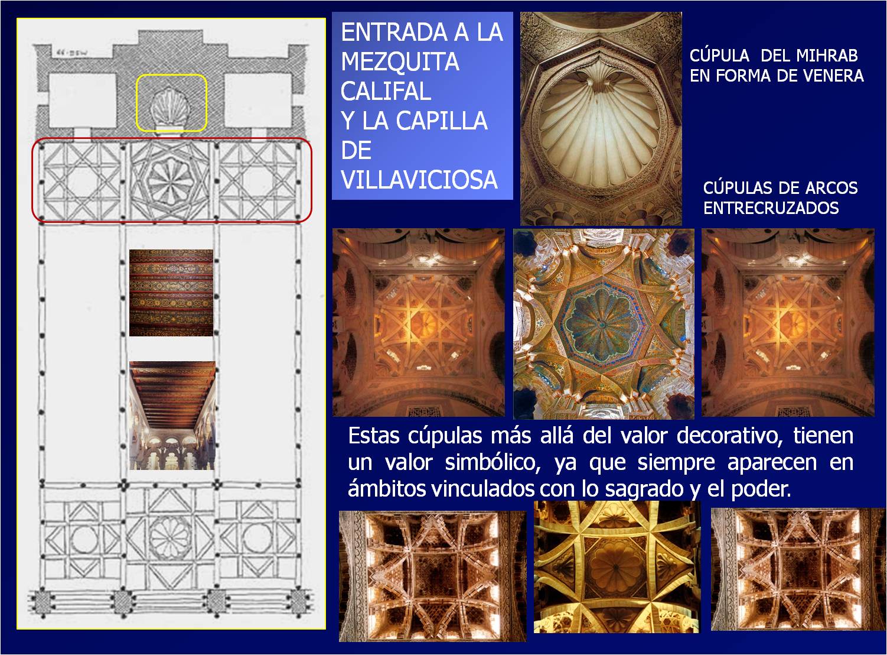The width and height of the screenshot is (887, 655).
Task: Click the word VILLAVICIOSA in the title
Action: tap(419, 180)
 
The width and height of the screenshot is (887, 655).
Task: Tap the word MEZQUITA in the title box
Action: tap(400, 61)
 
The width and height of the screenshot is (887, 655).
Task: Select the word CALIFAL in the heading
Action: tap(386, 91)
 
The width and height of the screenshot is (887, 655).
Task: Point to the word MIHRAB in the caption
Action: tap(826, 56)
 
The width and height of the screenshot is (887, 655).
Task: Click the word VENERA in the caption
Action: tap(833, 76)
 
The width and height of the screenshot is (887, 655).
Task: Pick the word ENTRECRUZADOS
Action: tap(771, 208)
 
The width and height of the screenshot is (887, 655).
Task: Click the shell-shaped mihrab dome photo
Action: tap(601, 118)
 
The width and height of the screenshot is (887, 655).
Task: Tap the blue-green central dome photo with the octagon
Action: tap(604, 324)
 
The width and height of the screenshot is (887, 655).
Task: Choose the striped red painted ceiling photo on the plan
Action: tap(171, 293)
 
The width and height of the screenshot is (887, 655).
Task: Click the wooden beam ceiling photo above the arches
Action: tap(172, 415)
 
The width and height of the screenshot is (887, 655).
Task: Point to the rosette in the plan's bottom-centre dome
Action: tap(171, 537)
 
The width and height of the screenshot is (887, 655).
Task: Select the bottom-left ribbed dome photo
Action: tap(432, 576)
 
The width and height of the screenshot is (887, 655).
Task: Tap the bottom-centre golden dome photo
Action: tap(617, 566)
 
